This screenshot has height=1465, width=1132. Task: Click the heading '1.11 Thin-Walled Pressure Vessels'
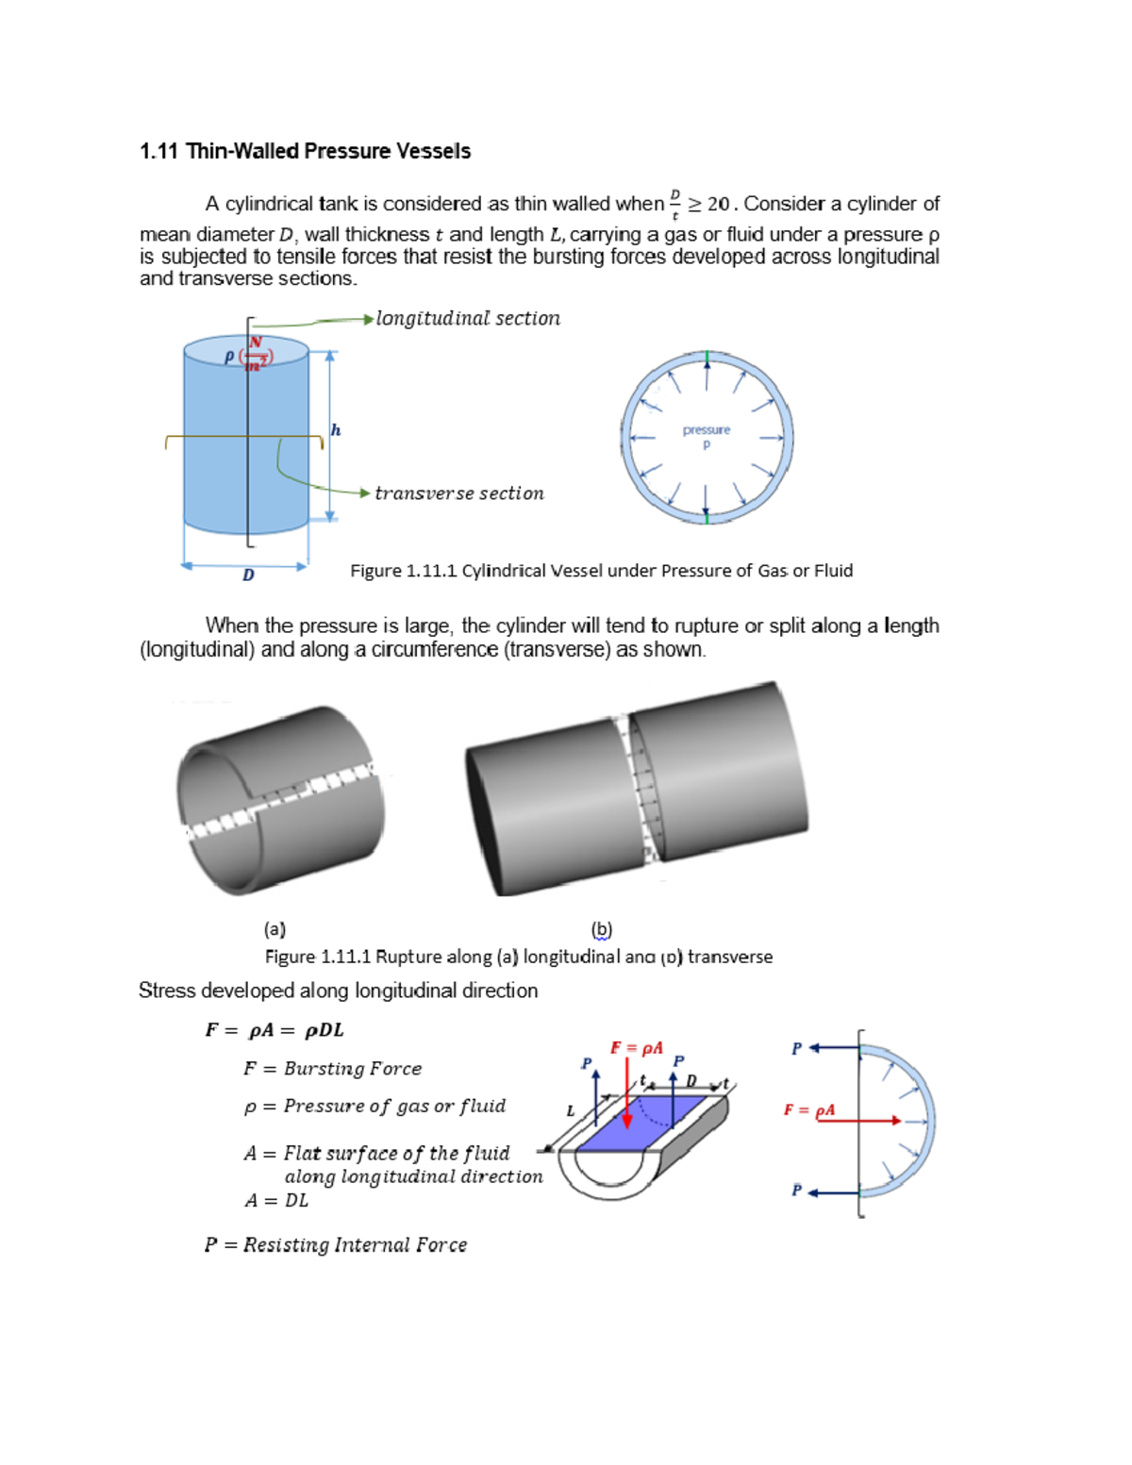click(x=305, y=151)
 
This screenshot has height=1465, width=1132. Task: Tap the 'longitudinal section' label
click(x=468, y=319)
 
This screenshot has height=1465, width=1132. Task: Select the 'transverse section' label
click(x=459, y=493)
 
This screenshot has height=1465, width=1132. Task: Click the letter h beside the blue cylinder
click(x=335, y=430)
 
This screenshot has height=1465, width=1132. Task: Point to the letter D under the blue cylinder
click(x=248, y=574)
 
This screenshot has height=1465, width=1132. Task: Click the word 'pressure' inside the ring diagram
click(x=707, y=430)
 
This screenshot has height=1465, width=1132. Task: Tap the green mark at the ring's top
click(x=707, y=358)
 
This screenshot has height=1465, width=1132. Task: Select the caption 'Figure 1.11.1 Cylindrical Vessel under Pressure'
click(x=601, y=571)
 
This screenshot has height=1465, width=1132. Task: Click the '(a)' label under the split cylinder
click(x=275, y=929)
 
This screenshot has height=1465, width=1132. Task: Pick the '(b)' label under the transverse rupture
click(x=602, y=929)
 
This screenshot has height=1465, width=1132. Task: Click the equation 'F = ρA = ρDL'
click(x=275, y=1030)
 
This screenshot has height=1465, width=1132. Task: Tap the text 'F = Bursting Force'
click(x=332, y=1069)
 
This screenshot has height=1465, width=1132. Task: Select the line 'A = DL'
click(x=276, y=1201)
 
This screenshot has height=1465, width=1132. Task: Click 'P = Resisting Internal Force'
click(x=336, y=1245)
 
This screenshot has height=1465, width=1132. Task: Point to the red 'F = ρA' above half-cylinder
click(x=637, y=1048)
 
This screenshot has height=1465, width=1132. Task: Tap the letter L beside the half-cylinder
click(x=570, y=1111)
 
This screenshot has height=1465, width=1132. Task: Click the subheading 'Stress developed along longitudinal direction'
click(x=338, y=991)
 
